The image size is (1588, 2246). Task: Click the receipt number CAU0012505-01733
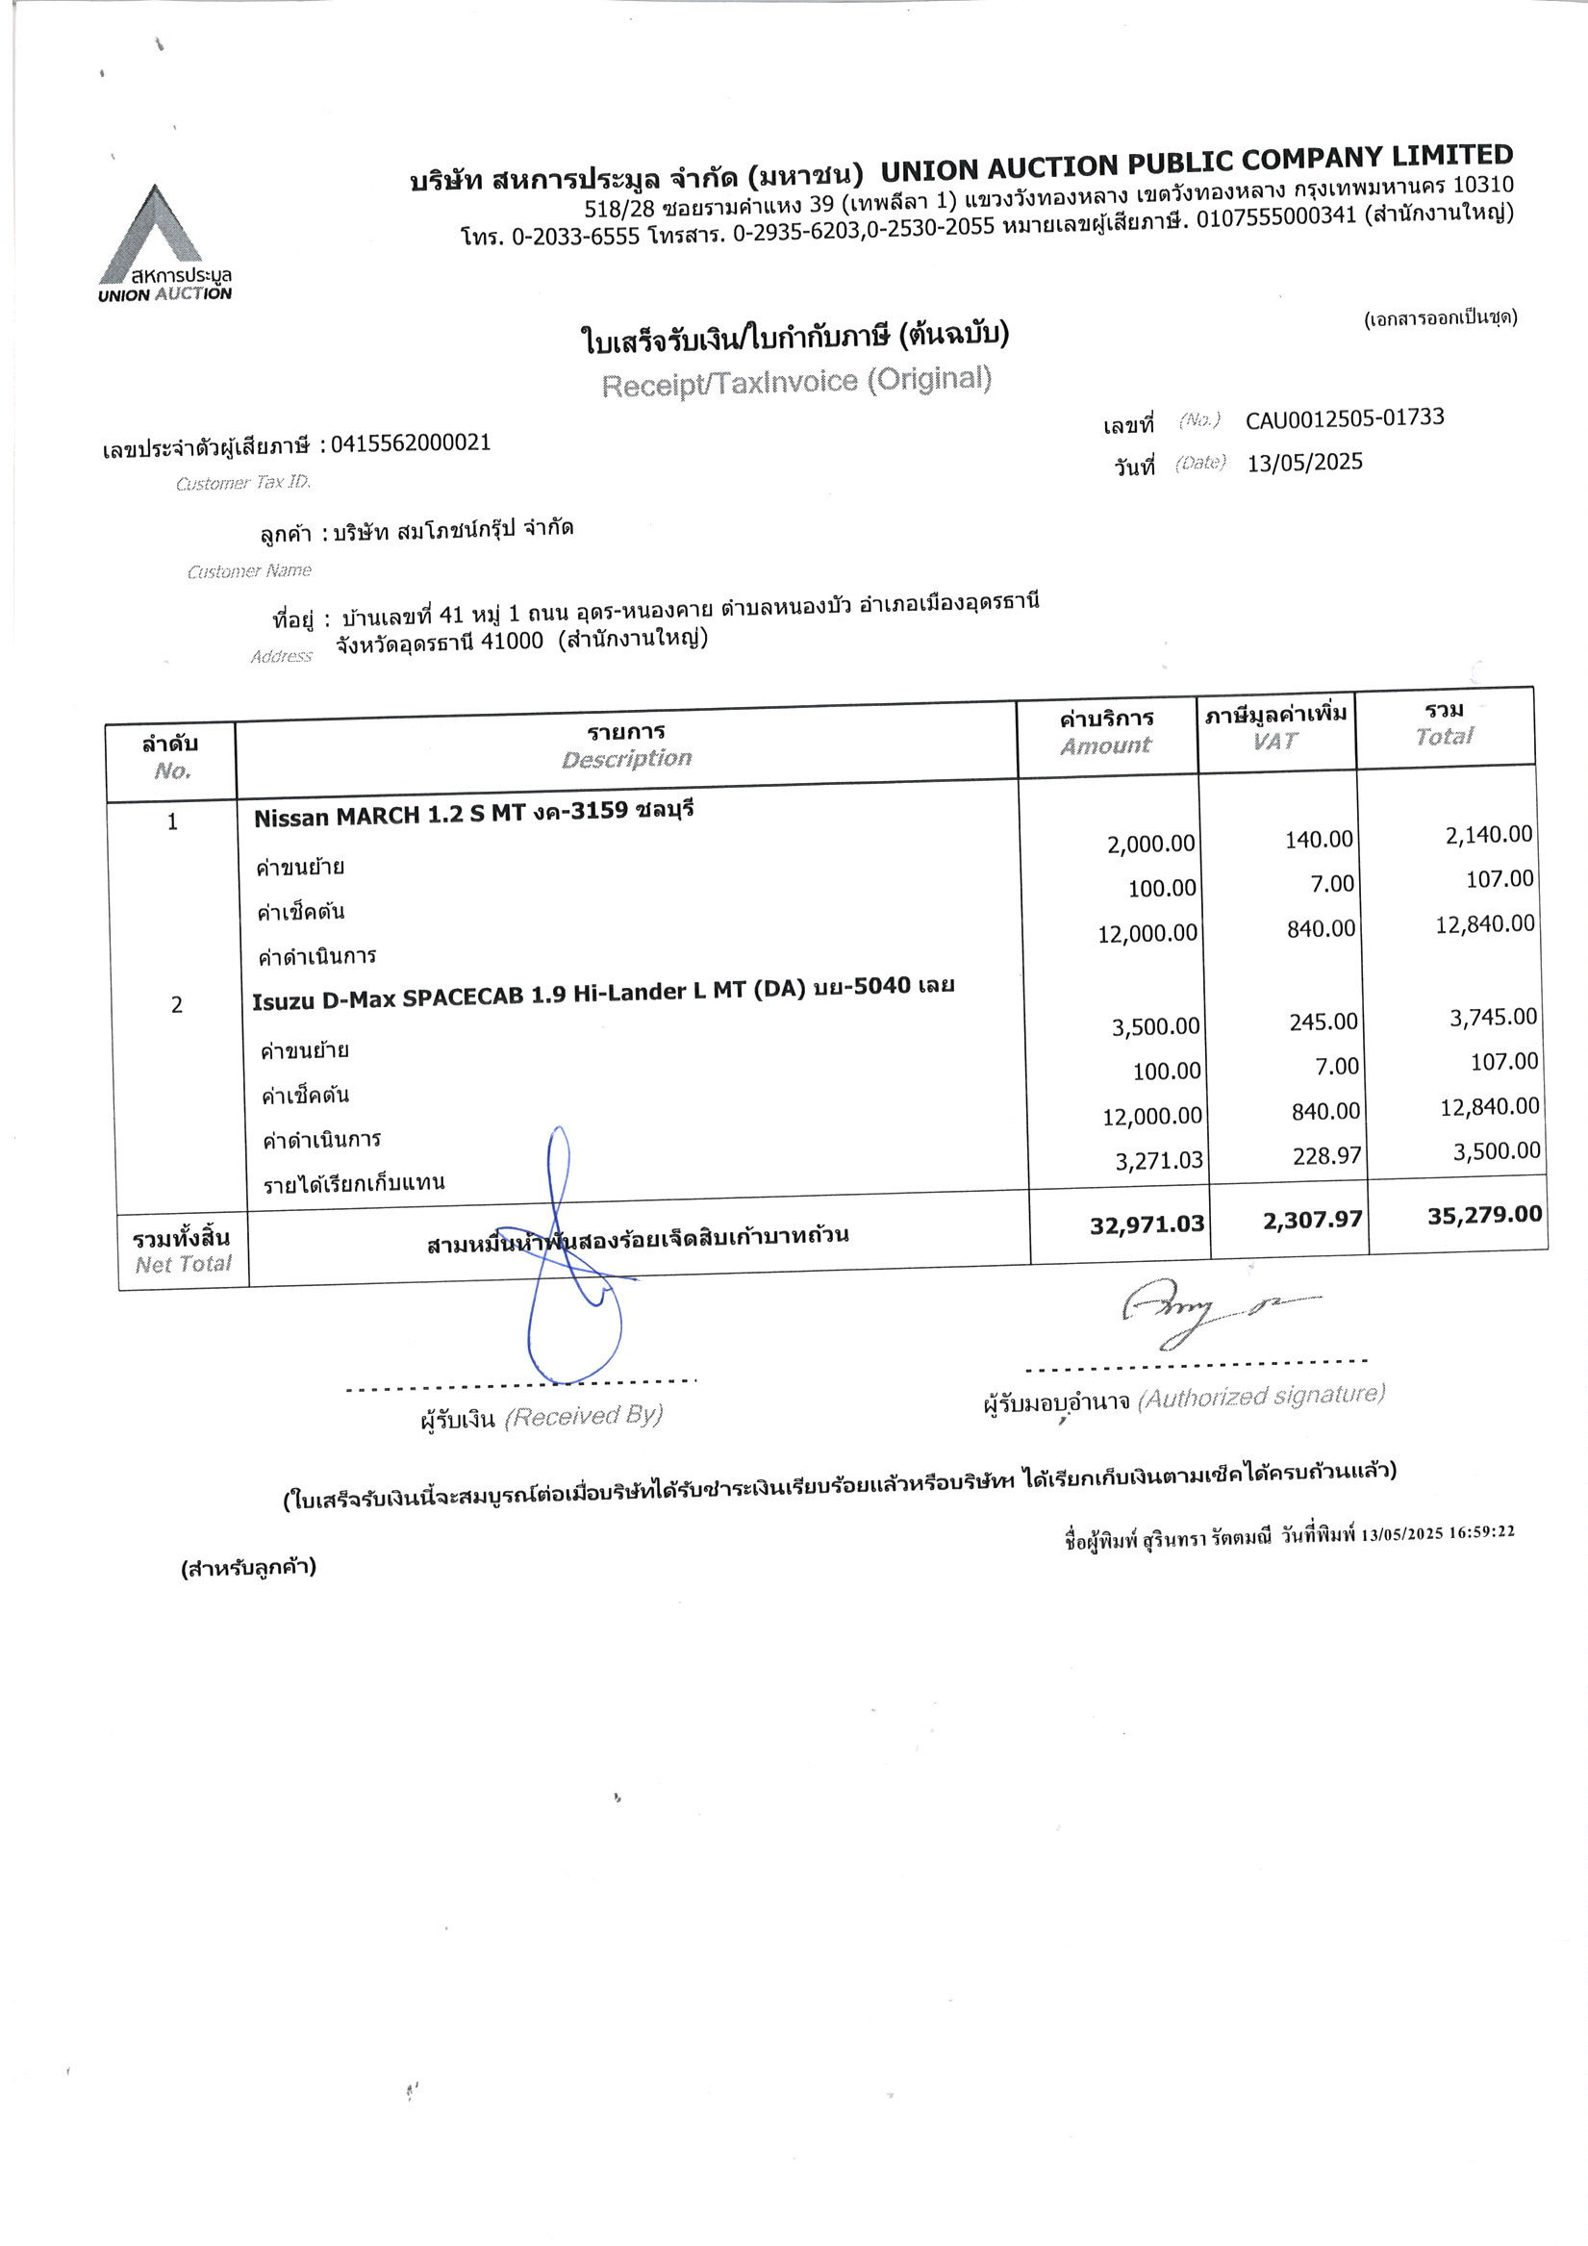[1345, 419]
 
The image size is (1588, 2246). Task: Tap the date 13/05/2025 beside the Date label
[1304, 463]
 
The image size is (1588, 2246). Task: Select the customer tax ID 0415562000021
[411, 443]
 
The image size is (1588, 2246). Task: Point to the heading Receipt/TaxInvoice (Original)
[796, 382]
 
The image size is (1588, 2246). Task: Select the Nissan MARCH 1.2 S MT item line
[473, 814]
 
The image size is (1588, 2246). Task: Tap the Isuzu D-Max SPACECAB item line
[603, 991]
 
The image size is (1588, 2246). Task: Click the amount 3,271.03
[1158, 1161]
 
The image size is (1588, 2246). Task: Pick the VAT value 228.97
[1326, 1156]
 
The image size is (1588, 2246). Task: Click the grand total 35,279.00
[1484, 1215]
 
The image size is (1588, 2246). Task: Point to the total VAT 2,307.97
[1312, 1219]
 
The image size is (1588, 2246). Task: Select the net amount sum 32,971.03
[1147, 1224]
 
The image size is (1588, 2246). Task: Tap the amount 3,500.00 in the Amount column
[1155, 1026]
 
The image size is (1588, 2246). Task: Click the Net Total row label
[183, 1251]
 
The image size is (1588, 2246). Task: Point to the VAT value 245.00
[1323, 1022]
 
